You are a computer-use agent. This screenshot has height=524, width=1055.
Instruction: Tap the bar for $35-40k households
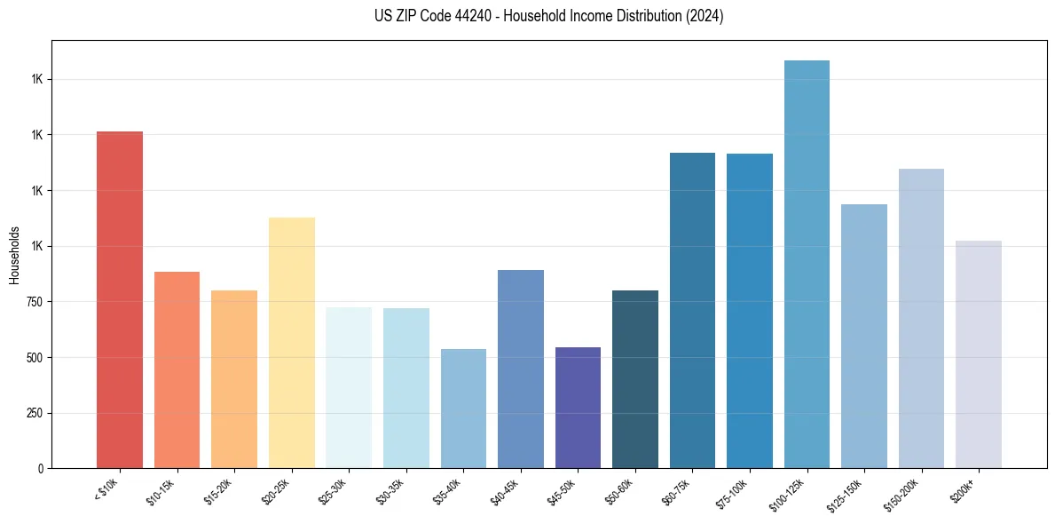463,409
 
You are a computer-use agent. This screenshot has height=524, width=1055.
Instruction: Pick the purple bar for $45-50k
578,408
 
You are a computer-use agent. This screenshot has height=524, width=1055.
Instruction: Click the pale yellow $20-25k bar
292,343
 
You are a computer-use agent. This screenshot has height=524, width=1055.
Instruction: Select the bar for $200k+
979,354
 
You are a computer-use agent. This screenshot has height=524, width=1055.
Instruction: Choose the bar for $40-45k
521,369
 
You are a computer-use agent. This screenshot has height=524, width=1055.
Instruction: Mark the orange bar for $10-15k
177,369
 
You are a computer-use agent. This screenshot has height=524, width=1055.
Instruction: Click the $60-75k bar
692,310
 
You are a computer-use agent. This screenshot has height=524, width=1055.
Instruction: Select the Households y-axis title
15,255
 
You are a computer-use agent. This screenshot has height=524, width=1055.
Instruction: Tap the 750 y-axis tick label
35,302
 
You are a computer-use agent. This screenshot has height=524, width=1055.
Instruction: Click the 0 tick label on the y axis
41,468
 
